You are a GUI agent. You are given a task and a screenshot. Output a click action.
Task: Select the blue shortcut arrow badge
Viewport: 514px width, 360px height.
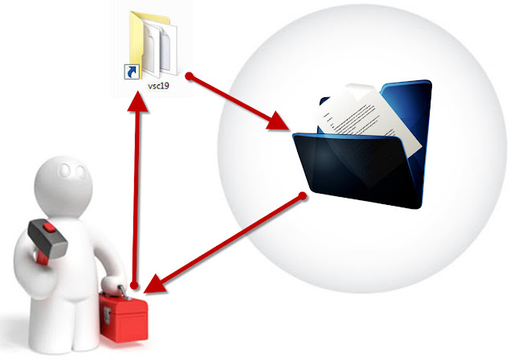click(x=128, y=73)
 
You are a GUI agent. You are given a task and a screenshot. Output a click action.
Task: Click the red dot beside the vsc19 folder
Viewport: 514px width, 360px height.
click(x=190, y=76)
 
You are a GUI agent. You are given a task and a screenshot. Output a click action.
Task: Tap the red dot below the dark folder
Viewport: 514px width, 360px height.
click(x=302, y=194)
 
